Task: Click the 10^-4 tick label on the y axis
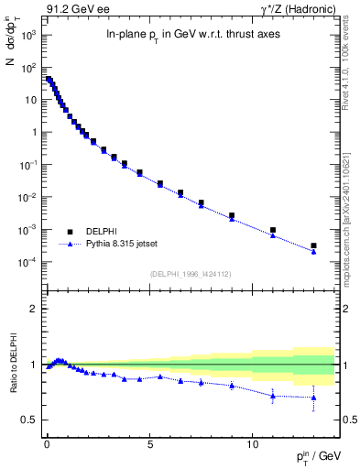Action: click(26, 263)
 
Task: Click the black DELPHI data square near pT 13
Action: click(313, 245)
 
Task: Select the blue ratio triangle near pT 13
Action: click(313, 398)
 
